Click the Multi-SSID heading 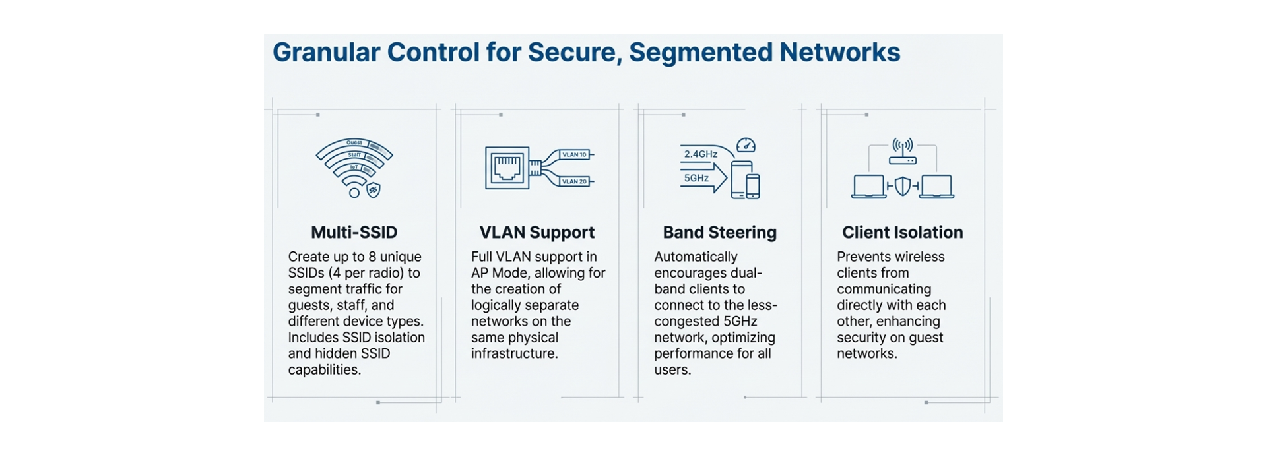pos(354,232)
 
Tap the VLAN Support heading pos(536,232)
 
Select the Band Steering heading pos(719,232)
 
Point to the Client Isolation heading pos(902,232)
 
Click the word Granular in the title pos(326,53)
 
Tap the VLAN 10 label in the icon pos(573,154)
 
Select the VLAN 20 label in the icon pos(573,181)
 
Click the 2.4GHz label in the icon pos(700,154)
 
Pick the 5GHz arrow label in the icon pos(697,178)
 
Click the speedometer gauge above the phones pos(746,144)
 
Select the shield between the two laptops pos(902,186)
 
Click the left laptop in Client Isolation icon pos(868,187)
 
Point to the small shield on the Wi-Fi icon pos(373,190)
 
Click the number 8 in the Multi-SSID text pos(372,257)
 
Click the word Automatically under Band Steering pos(695,257)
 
